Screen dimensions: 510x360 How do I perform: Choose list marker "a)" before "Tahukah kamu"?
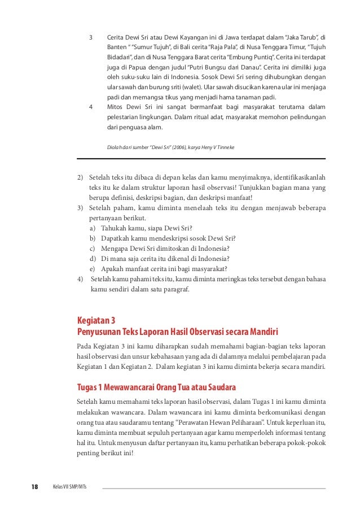(x=93, y=228)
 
